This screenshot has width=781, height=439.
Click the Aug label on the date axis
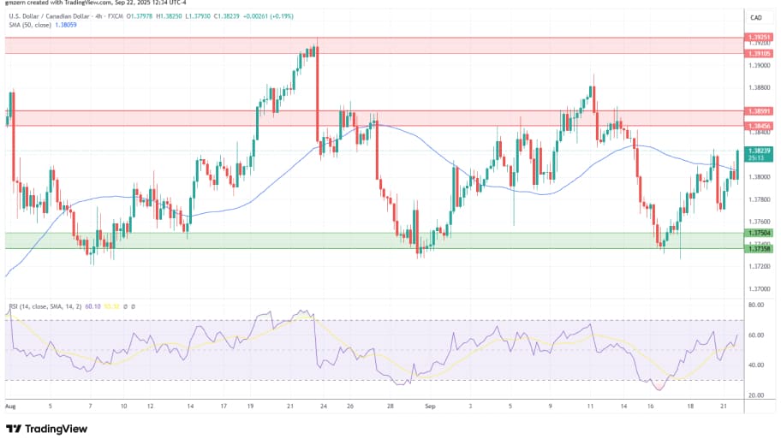[x=10, y=407]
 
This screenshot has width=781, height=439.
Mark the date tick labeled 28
[x=390, y=407]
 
